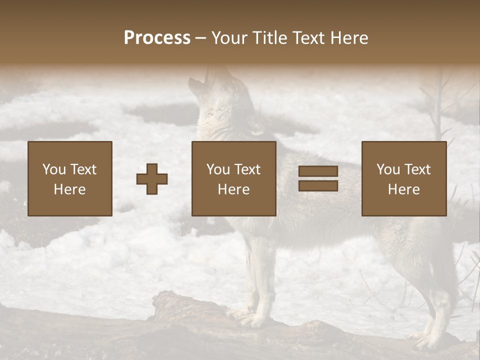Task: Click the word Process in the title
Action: [157, 38]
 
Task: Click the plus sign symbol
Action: [152, 178]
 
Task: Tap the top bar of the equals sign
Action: [318, 171]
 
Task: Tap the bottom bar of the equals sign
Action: [318, 186]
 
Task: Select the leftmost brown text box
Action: [70, 178]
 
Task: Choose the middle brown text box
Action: [234, 178]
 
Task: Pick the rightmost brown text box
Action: [404, 178]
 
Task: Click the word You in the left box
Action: [54, 169]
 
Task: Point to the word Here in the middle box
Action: [234, 189]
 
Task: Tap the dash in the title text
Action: [201, 38]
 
